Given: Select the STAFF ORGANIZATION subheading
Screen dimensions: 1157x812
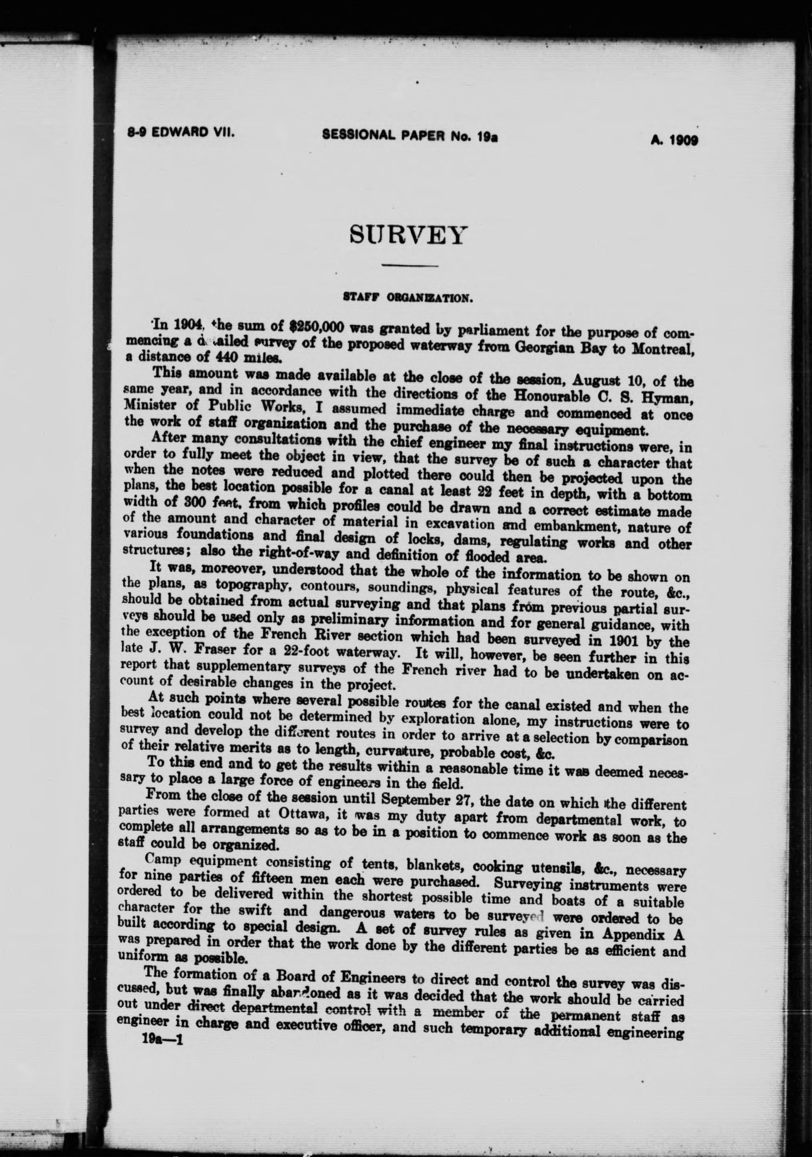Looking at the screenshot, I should [407, 298].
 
